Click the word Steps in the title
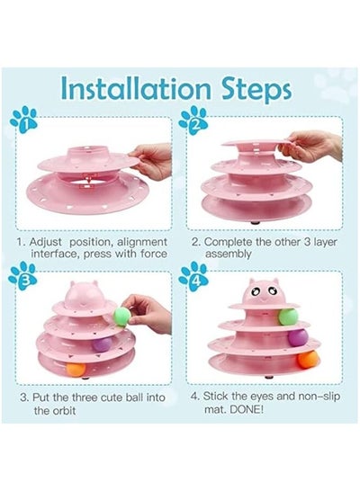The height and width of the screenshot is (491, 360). [x=256, y=90]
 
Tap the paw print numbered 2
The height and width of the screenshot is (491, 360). [x=193, y=121]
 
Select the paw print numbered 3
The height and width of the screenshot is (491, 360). [x=22, y=276]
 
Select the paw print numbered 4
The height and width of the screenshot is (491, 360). [x=193, y=276]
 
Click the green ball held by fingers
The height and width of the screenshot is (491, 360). [x=121, y=317]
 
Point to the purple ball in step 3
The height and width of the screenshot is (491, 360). [x=102, y=344]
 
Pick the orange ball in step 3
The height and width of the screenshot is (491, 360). [x=76, y=370]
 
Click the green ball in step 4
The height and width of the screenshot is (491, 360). [x=288, y=317]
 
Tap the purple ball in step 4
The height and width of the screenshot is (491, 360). [x=298, y=337]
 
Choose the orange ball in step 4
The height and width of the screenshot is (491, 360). [x=308, y=359]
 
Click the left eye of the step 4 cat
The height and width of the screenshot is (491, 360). [x=257, y=292]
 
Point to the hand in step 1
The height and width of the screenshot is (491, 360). [x=151, y=161]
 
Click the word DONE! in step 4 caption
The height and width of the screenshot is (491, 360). [x=247, y=409]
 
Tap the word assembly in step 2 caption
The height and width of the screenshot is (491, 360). [x=228, y=254]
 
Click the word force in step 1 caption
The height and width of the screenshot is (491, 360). [x=154, y=254]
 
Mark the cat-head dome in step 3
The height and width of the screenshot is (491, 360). [x=85, y=294]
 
